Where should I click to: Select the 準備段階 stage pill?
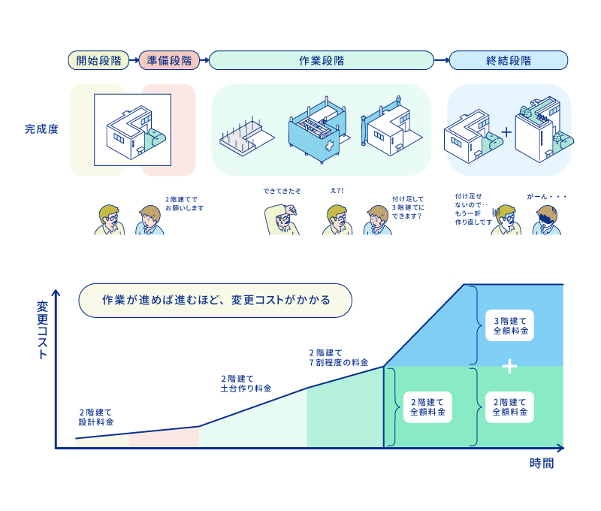169,60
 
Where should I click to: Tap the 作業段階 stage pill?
322,60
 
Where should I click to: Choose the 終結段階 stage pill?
509,60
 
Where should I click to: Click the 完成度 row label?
40,129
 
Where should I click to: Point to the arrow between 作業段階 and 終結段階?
442,60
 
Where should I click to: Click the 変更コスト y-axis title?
42,330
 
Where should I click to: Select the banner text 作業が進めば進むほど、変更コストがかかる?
216,300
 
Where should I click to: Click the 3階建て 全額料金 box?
510,325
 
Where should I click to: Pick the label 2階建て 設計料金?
96,417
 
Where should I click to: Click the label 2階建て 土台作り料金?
246,383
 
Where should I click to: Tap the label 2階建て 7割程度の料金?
338,357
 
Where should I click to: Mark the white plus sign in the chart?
510,366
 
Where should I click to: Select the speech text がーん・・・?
546,196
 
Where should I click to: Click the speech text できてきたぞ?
282,191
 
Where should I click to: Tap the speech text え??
337,191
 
